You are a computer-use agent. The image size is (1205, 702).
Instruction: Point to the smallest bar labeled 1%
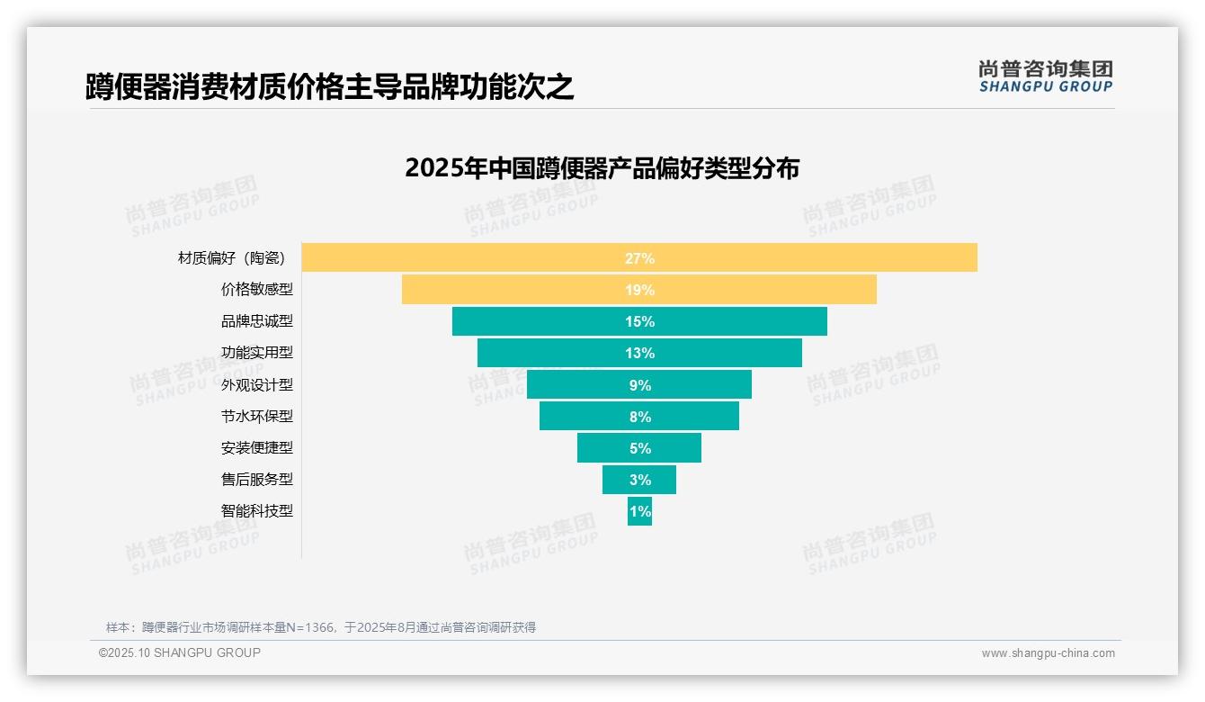(639, 511)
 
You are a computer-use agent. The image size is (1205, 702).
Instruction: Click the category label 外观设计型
(257, 384)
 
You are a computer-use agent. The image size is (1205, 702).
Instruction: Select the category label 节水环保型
(257, 416)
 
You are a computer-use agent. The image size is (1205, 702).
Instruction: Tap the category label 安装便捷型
(257, 447)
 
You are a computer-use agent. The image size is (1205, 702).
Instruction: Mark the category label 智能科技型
(257, 510)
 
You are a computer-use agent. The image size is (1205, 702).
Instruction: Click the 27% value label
(639, 258)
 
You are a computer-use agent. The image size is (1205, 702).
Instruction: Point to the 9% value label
(639, 385)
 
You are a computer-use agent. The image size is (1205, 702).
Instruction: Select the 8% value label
(639, 417)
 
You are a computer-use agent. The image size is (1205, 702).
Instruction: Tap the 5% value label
(639, 448)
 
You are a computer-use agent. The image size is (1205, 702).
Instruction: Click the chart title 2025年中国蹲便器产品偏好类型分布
(602, 168)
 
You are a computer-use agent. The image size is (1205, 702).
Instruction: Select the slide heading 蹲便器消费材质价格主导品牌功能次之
(329, 87)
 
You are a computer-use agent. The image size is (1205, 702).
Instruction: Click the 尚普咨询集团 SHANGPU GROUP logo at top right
(1045, 76)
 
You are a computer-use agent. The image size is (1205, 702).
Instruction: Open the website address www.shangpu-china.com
(1048, 653)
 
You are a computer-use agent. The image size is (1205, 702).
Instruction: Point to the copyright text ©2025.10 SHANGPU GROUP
(180, 652)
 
